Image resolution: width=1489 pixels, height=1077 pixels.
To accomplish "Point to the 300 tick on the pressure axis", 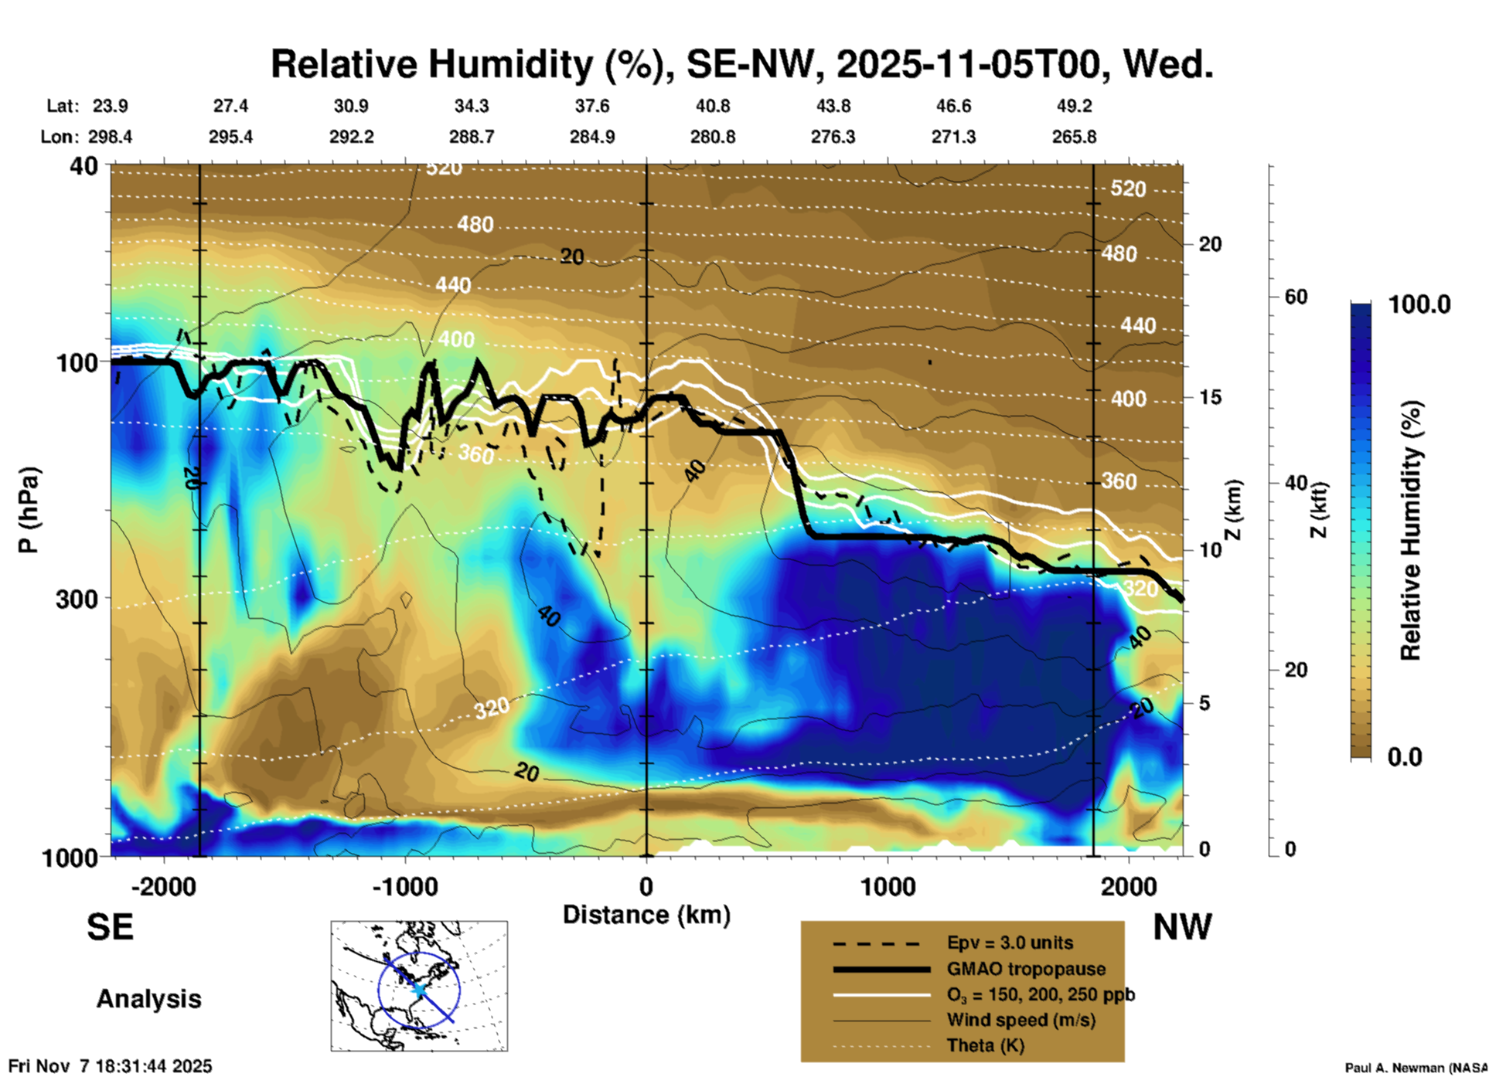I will [77, 599].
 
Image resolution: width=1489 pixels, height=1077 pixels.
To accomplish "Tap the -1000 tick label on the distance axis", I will [404, 886].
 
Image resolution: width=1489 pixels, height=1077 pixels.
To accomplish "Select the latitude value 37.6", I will [591, 106].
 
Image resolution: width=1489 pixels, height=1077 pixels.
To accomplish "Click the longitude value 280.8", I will [712, 137].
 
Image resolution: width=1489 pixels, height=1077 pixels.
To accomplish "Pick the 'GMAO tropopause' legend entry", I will [1026, 969].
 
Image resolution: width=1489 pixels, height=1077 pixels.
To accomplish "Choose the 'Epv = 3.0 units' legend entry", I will [1010, 943].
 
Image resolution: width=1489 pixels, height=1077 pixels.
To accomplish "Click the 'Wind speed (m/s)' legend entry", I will [1020, 1020].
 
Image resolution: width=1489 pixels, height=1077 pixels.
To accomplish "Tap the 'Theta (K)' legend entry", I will [986, 1045].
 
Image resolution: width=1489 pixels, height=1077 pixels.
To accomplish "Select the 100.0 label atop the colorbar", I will [1419, 304].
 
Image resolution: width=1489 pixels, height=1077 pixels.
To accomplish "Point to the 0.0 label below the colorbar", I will [1405, 757].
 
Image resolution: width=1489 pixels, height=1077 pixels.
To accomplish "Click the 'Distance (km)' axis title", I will [646, 915].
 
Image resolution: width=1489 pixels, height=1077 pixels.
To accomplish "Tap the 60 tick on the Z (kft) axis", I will [1296, 297].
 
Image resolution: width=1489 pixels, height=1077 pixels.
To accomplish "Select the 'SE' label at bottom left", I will [110, 927].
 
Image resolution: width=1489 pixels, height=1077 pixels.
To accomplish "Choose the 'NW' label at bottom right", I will [1182, 927].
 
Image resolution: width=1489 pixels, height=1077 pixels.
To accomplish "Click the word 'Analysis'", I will [148, 999].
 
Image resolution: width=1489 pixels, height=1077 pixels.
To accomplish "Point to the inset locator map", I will [419, 985].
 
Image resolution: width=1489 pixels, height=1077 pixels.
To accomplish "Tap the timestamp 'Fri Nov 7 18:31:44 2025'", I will [110, 1066].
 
